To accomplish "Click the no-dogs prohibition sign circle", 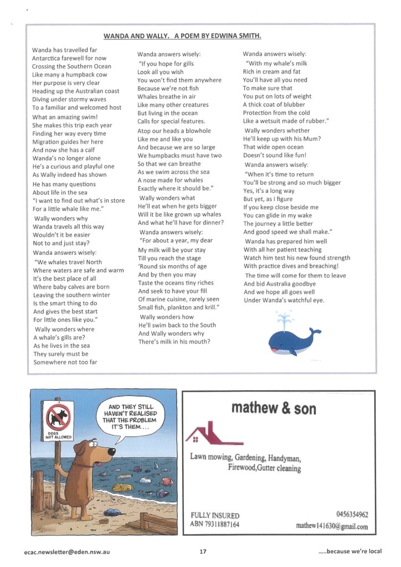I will (x=58, y=416).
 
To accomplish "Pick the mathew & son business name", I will (x=274, y=409).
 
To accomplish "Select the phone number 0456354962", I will (x=352, y=514).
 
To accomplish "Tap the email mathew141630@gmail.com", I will (x=332, y=525).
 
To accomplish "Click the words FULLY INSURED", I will (x=215, y=515).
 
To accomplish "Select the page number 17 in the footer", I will (x=203, y=551).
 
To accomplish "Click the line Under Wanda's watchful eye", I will (x=284, y=300).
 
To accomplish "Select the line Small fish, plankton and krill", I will (x=179, y=307).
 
